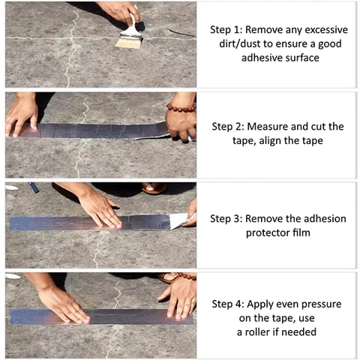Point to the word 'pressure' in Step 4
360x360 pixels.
point(319,304)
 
